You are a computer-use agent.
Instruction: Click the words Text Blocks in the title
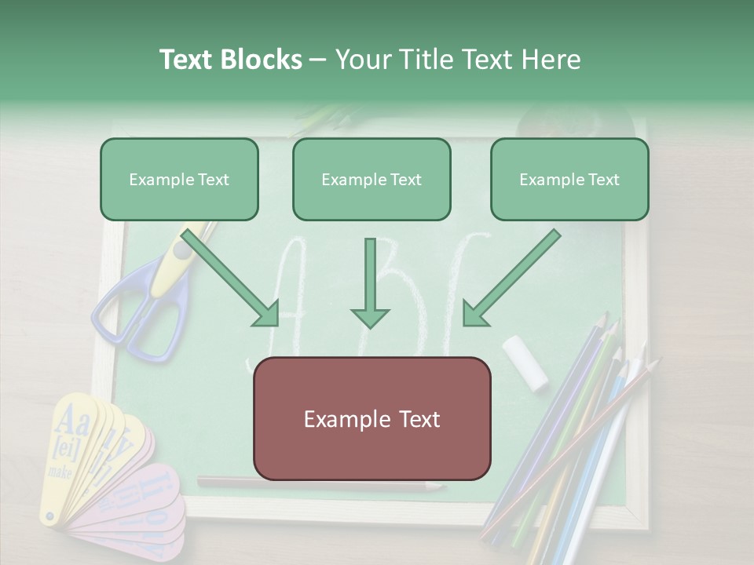[x=230, y=60]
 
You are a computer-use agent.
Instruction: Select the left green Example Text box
[x=179, y=180]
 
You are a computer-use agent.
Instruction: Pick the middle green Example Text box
[x=372, y=180]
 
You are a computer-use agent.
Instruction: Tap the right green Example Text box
[x=569, y=180]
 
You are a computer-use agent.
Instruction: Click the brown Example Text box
[x=372, y=419]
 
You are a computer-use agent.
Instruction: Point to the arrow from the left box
[x=232, y=279]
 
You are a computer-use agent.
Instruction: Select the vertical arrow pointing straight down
[x=370, y=282]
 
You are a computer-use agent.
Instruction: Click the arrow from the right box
[x=511, y=279]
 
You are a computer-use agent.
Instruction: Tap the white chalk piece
[x=525, y=362]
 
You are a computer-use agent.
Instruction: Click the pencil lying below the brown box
[x=322, y=484]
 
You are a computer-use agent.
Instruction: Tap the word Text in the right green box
[x=603, y=180]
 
